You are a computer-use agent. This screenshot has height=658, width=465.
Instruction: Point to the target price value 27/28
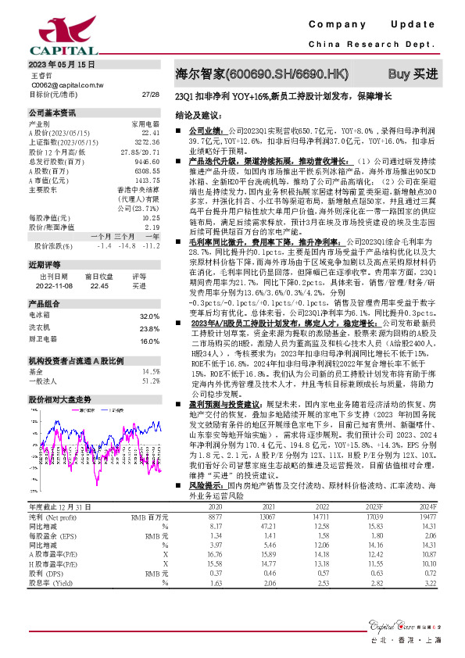(151, 94)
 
